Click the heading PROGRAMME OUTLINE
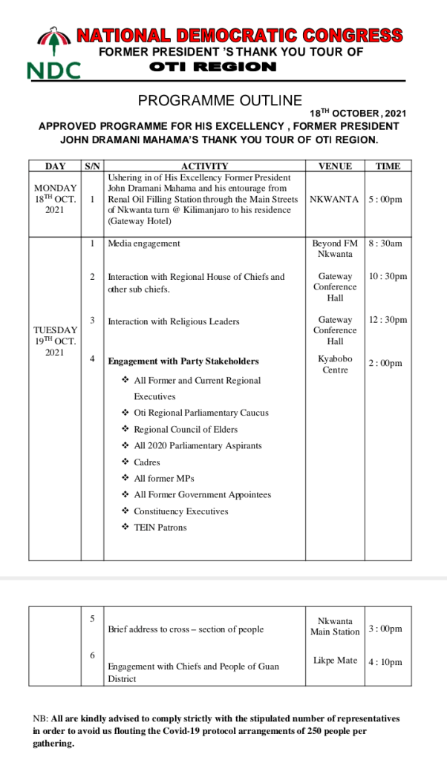point(220,101)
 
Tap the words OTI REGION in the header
point(212,67)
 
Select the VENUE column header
point(335,166)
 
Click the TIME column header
point(388,166)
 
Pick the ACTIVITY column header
point(204,166)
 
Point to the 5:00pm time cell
point(388,200)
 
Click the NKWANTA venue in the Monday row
point(335,200)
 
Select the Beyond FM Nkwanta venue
point(335,249)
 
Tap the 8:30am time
point(388,243)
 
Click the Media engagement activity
point(144,243)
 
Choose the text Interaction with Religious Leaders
point(174,321)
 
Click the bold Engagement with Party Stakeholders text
point(183,361)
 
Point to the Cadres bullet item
point(147,462)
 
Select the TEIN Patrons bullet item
point(160,528)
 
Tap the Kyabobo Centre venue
point(335,364)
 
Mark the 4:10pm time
point(386,662)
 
